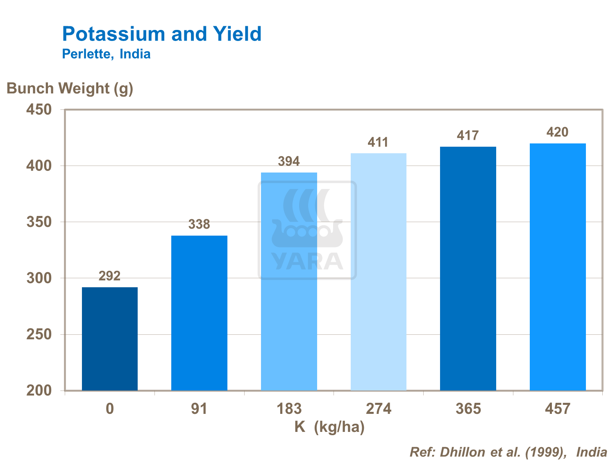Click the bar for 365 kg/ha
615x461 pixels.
(x=468, y=268)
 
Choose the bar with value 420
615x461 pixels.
(x=558, y=267)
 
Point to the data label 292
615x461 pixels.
(x=110, y=276)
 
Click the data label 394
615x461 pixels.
(x=289, y=161)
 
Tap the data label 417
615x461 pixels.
(x=468, y=136)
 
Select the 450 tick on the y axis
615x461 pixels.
(x=39, y=110)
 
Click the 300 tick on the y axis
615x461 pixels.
(x=39, y=278)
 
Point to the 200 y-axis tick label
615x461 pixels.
(x=39, y=391)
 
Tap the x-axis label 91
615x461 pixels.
(x=199, y=409)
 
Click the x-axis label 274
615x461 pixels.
(x=379, y=409)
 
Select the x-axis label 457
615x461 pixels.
(x=558, y=409)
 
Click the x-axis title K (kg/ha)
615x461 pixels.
(x=329, y=427)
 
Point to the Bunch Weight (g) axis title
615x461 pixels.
(x=70, y=89)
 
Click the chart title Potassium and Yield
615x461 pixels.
(x=162, y=34)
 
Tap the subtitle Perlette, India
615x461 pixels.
(x=106, y=54)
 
